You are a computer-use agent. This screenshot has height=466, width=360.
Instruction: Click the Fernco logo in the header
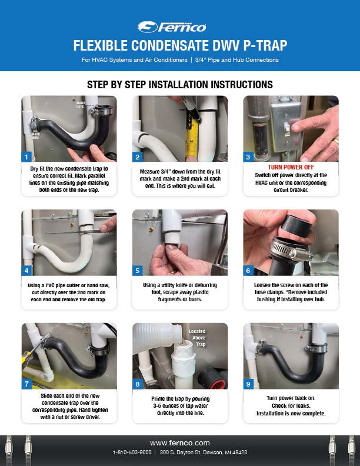coord(172,27)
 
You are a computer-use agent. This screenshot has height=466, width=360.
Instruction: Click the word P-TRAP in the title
coord(265,45)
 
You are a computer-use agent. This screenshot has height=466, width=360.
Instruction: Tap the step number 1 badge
coord(26,157)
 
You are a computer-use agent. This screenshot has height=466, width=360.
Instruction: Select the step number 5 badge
coord(137,271)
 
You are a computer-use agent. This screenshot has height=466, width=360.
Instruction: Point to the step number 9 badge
coord(248,384)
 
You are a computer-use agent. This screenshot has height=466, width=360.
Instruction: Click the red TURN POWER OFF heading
coord(291,167)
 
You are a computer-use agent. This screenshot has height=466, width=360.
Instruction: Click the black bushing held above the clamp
coord(296,226)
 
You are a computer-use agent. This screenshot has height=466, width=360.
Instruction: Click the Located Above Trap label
coord(198,338)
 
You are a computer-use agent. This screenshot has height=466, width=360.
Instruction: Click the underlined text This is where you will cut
coord(185,186)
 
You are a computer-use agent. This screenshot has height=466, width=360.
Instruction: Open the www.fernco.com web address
coord(180,443)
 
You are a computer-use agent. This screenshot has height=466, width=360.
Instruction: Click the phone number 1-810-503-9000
coord(132,452)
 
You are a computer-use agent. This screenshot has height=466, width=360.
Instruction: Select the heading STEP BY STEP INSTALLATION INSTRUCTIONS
coord(180,84)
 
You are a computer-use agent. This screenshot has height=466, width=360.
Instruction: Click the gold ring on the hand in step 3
coord(335,141)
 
